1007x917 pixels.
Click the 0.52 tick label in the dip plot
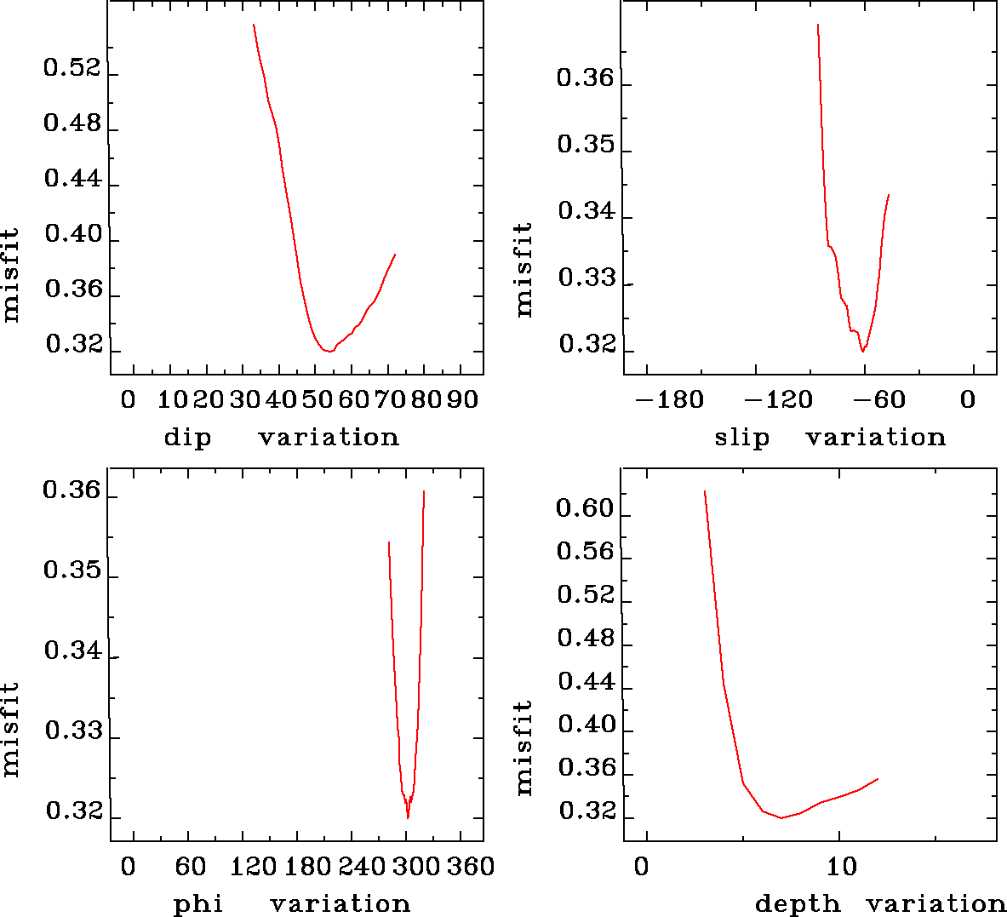(x=72, y=68)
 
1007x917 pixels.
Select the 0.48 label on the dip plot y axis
(x=72, y=124)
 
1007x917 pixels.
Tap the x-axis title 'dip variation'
(x=281, y=438)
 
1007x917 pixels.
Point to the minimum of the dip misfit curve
(x=327, y=351)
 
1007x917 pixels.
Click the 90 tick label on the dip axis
(x=462, y=399)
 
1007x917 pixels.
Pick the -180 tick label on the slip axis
(x=670, y=400)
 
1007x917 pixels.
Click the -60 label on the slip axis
(x=878, y=400)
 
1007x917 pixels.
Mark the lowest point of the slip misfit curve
(x=862, y=351)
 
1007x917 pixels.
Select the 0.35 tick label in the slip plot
(x=586, y=145)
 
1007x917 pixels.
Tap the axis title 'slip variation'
(x=830, y=438)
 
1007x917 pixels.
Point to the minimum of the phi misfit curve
(x=408, y=817)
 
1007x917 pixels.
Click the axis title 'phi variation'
(x=291, y=903)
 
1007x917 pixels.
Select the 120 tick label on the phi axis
(x=254, y=867)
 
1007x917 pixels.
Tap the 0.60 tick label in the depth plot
(x=585, y=509)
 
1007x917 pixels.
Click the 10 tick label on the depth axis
(x=841, y=867)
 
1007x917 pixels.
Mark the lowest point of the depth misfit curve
(x=781, y=818)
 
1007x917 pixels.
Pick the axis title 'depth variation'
(x=880, y=903)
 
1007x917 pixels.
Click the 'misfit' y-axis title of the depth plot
(x=524, y=748)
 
